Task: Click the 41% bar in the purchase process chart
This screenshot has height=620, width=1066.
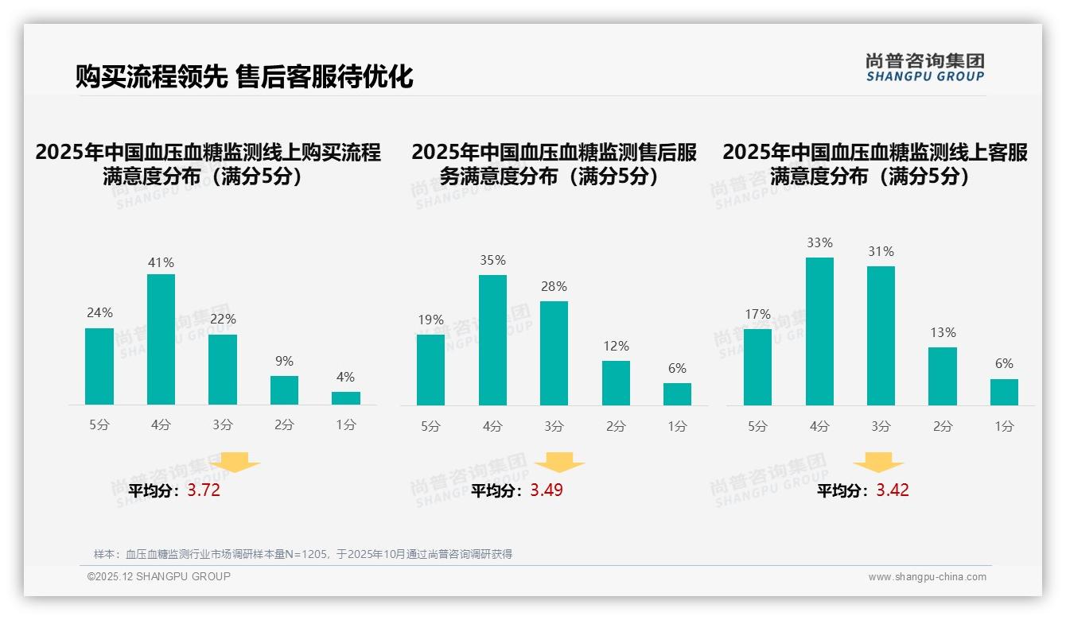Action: click(x=161, y=339)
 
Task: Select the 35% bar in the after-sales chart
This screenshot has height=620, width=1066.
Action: click(x=492, y=340)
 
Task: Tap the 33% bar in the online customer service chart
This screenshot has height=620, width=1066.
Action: click(x=819, y=331)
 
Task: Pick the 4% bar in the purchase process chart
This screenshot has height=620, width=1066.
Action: click(x=346, y=398)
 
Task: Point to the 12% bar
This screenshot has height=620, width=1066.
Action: click(x=616, y=383)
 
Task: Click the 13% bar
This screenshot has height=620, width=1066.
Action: click(x=943, y=376)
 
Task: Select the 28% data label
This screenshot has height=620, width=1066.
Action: click(x=554, y=286)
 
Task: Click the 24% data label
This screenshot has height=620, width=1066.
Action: click(x=99, y=313)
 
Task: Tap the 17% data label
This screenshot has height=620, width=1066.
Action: click(x=757, y=314)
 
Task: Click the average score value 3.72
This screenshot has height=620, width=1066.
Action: click(x=204, y=490)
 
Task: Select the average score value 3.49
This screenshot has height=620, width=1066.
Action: click(x=547, y=490)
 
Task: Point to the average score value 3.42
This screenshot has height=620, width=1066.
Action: click(x=893, y=490)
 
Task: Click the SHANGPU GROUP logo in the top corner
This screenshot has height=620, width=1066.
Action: click(x=924, y=68)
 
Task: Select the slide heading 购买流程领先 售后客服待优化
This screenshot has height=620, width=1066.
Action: click(x=244, y=76)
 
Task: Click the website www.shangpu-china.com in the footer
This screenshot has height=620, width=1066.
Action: click(x=927, y=577)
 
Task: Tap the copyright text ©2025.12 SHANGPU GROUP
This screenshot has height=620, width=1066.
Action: click(x=159, y=576)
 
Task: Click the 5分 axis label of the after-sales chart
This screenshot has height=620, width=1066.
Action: click(x=430, y=427)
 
